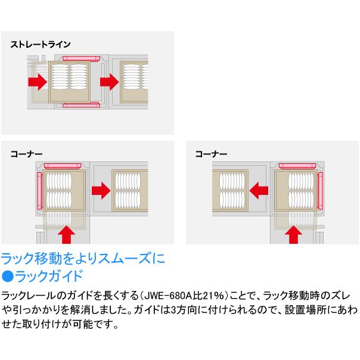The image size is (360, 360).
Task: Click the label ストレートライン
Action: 40,45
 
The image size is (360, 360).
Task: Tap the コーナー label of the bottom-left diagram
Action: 26,153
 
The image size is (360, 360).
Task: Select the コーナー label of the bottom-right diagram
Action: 211,153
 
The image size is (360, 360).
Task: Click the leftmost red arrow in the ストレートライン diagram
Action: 38,79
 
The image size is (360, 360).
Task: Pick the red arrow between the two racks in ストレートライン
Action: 109,79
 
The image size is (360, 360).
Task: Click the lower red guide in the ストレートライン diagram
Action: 80,105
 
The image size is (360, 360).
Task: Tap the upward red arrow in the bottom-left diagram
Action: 66,234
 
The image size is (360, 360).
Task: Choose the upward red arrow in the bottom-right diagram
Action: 293,234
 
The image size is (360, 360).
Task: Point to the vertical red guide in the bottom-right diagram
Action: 321,190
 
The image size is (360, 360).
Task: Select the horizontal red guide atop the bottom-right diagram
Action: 297,164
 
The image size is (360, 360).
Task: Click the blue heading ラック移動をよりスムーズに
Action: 82,260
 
